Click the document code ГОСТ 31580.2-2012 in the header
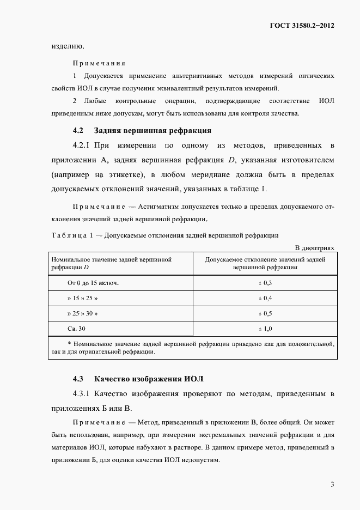point(301,25)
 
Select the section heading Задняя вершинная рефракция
point(152,131)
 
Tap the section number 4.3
point(78,378)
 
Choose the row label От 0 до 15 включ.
point(93,283)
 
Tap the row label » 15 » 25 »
point(83,299)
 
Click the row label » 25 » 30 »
point(83,314)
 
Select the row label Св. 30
point(76,329)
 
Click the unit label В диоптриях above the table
point(314,248)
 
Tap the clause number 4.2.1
point(82,146)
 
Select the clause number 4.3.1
point(82,393)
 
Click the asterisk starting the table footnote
point(69,344)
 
